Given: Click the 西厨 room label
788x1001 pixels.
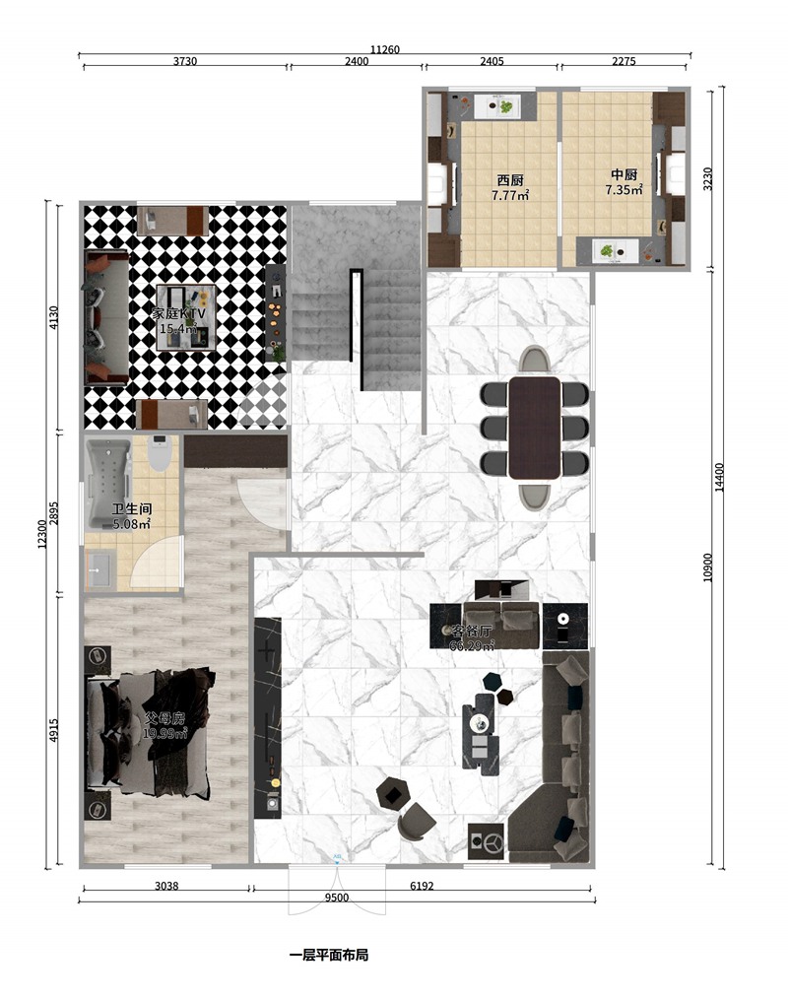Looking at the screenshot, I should click(x=509, y=180).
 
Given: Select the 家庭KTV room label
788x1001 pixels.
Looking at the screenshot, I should click(x=179, y=313).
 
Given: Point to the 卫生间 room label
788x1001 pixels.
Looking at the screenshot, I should click(x=131, y=509).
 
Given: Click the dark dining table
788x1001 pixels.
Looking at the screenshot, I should click(x=534, y=427).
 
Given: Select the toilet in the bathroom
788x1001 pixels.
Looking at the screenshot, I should click(x=162, y=453).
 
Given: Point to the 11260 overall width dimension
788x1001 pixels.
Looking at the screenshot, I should click(x=384, y=49).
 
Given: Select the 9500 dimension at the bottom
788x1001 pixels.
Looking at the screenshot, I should click(x=337, y=898).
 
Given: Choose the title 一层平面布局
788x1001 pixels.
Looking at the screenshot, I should click(x=328, y=956).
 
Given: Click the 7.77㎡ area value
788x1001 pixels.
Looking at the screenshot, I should click(x=509, y=196).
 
